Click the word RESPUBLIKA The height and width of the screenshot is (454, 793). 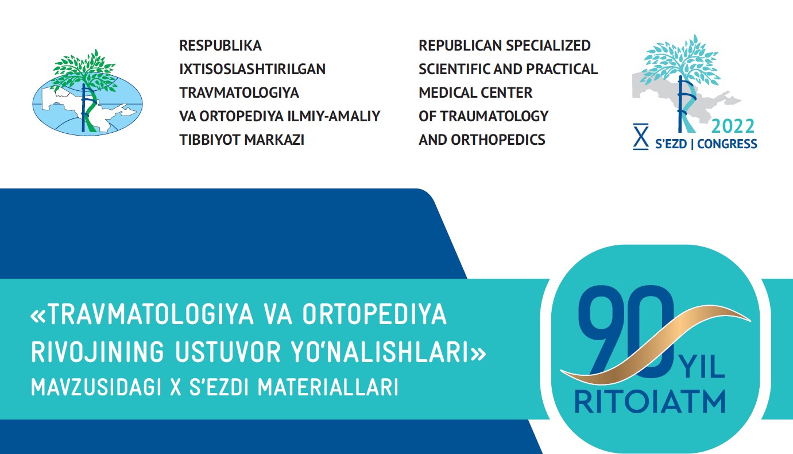click(x=220, y=46)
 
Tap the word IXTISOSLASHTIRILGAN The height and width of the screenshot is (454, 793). click(x=253, y=69)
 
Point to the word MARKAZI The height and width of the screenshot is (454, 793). click(x=274, y=140)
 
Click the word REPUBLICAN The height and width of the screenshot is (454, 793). click(x=459, y=46)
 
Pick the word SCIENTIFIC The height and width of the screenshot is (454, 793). click(x=454, y=69)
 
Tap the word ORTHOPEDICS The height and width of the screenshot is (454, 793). click(x=498, y=140)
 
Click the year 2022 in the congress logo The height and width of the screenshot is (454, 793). click(x=733, y=126)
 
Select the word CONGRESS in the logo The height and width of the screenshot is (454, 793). click(x=727, y=144)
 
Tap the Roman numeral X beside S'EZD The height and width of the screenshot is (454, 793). click(x=641, y=137)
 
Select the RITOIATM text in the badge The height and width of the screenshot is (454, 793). click(x=650, y=402)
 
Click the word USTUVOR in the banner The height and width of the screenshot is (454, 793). click(x=228, y=352)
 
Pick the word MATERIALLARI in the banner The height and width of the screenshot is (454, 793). click(x=328, y=387)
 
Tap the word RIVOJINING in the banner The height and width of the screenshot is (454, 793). click(x=98, y=352)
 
